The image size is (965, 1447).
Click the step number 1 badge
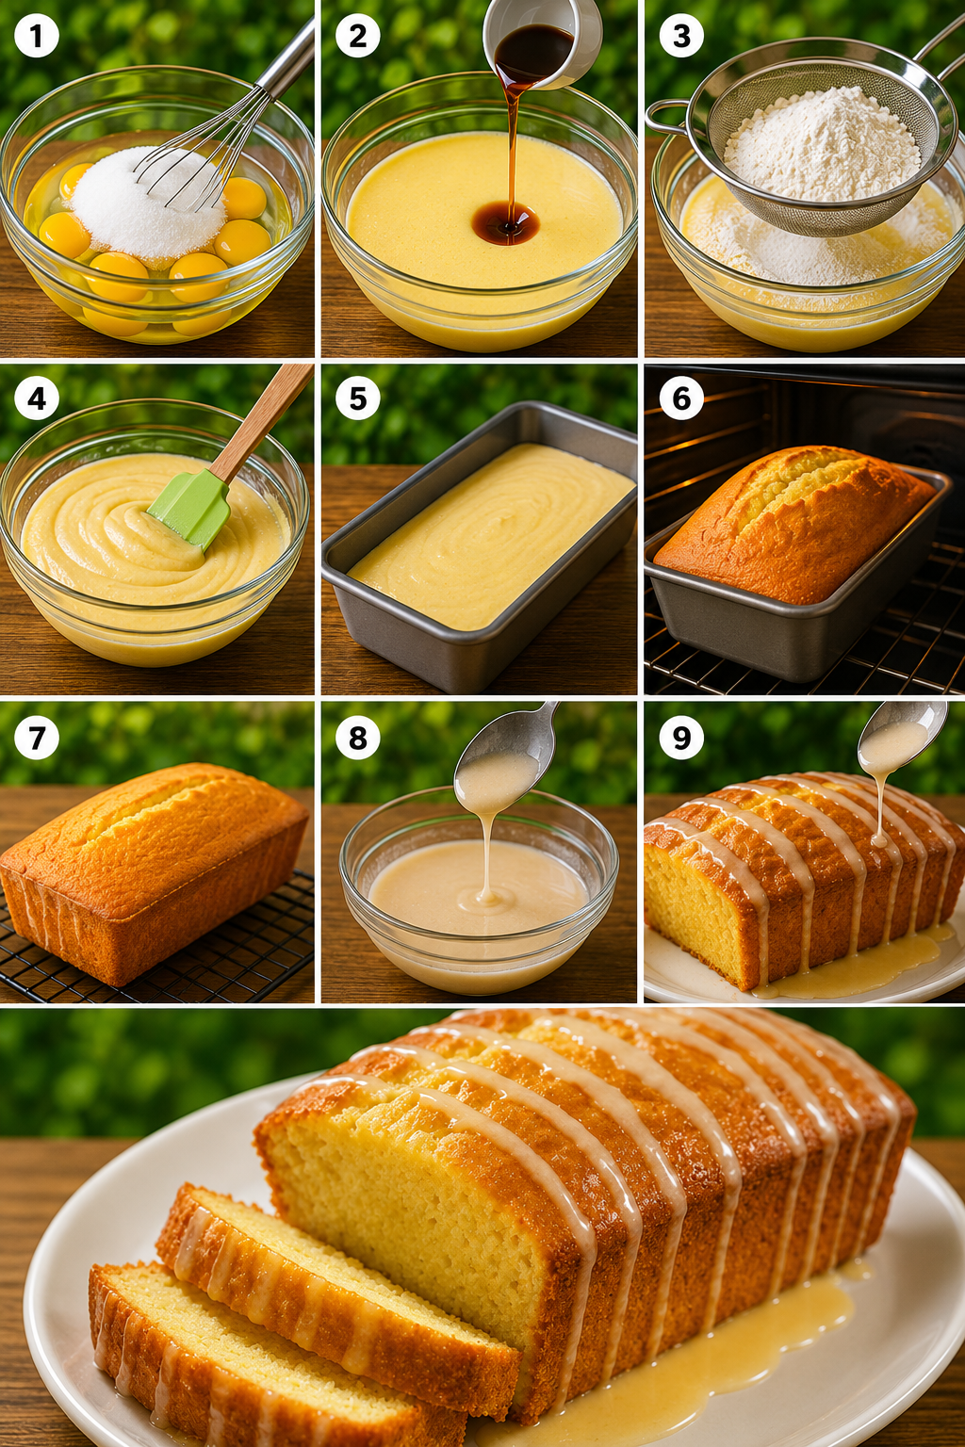coord(37,36)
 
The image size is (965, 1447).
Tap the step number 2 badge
coord(357,36)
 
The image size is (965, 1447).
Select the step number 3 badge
coord(681,36)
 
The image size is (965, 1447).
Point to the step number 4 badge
coord(37,398)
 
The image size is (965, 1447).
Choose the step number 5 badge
coord(357,398)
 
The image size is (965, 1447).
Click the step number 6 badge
coord(681,398)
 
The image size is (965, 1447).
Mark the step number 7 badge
coord(37,737)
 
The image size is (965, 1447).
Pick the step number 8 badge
coord(357,737)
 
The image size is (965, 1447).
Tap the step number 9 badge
coord(681,737)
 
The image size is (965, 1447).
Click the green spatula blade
coord(190,508)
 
